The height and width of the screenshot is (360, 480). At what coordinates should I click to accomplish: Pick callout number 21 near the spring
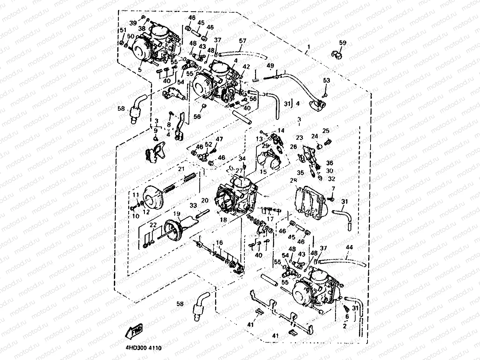(181, 169)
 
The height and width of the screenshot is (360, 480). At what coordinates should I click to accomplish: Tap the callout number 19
(177, 214)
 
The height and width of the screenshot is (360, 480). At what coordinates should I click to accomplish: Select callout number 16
(219, 242)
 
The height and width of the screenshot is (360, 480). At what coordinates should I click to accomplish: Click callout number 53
(327, 80)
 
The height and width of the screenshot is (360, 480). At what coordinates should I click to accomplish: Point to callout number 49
(270, 65)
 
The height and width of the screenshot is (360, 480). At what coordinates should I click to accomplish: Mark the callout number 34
(242, 159)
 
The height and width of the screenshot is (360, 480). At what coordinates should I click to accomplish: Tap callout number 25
(326, 131)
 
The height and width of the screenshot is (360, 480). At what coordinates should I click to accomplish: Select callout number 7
(333, 189)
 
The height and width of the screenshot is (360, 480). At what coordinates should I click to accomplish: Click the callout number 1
(309, 46)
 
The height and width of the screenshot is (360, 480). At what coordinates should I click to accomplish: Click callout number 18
(223, 220)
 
